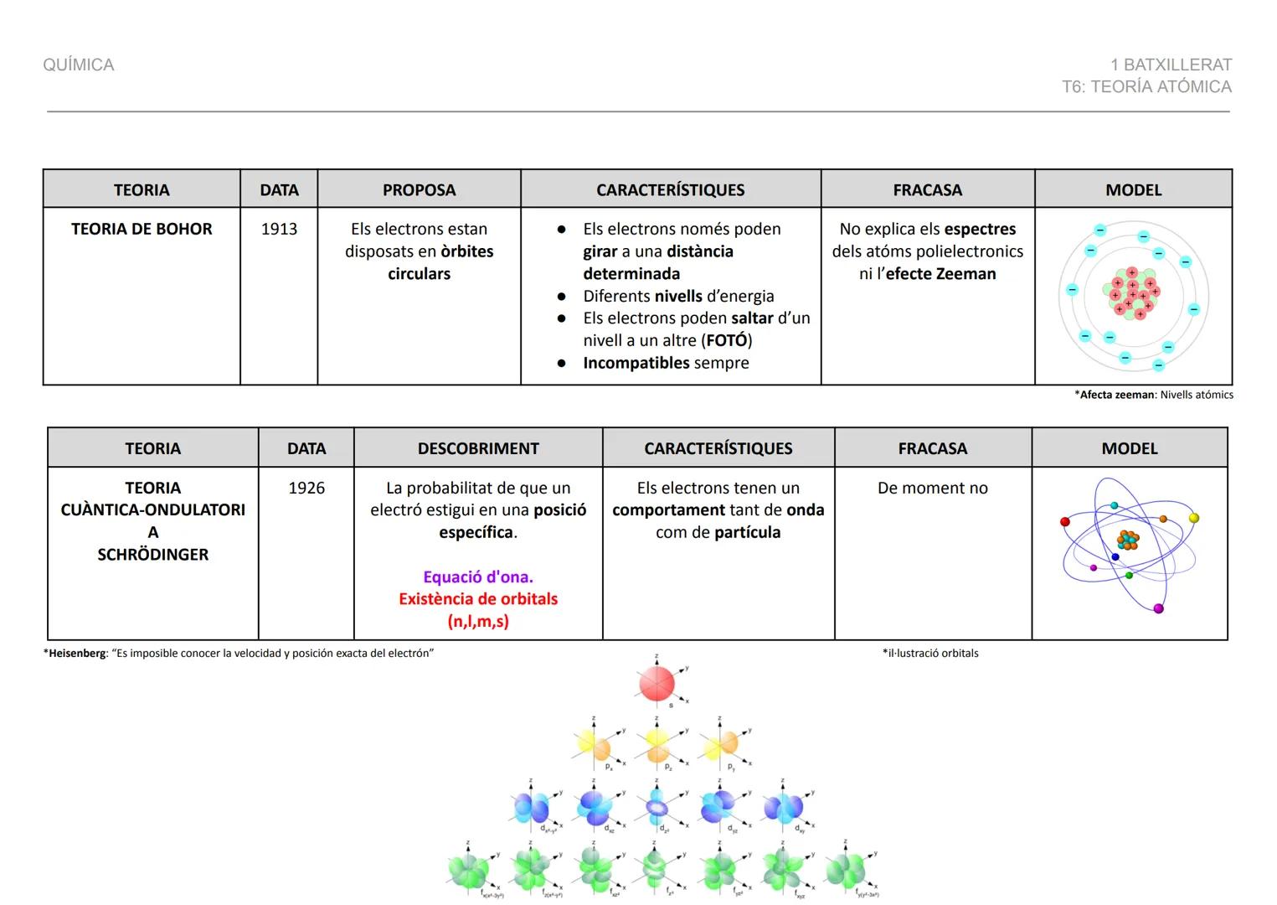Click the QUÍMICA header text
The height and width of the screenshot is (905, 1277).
[x=79, y=65]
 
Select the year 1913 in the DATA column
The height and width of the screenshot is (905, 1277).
[x=279, y=229]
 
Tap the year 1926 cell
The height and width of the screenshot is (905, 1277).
[x=306, y=488]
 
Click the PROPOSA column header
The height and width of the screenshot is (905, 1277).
[x=419, y=190]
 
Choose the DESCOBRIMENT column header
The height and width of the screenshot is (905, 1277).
[x=478, y=448]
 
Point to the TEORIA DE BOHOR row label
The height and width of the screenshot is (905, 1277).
[x=142, y=229]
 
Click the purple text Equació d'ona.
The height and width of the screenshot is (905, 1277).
[x=478, y=577]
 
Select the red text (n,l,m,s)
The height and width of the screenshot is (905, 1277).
[x=478, y=621]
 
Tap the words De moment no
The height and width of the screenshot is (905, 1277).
[x=932, y=488]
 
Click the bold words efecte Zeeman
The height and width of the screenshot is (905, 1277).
[x=940, y=273]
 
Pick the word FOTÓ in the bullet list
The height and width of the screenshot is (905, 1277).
[x=726, y=340]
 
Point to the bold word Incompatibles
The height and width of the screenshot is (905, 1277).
[x=636, y=363]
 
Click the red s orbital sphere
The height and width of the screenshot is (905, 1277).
[x=657, y=684]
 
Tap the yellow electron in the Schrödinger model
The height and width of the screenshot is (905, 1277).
[x=1194, y=518]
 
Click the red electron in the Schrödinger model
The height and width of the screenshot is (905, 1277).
[x=1065, y=521]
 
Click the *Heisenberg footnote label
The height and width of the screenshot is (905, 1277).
[x=75, y=653]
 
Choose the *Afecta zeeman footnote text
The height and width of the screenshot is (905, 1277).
[x=1154, y=395]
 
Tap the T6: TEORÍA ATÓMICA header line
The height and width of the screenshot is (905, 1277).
[x=1146, y=87]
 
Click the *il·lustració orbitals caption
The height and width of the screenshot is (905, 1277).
[x=930, y=653]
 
